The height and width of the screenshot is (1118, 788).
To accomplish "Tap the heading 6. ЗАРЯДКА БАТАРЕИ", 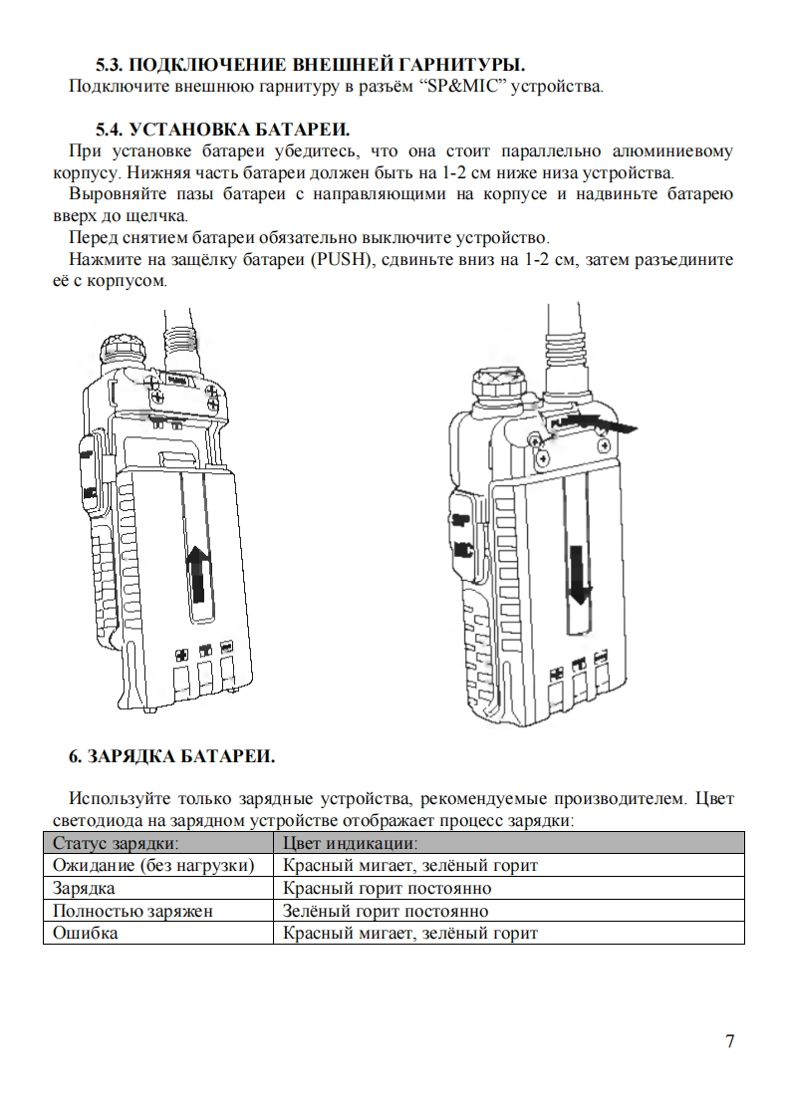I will (x=171, y=756).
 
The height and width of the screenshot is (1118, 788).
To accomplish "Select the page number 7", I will (x=730, y=1041).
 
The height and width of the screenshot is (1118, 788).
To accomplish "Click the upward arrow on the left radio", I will (x=199, y=573).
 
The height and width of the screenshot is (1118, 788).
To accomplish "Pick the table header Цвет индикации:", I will (x=338, y=843).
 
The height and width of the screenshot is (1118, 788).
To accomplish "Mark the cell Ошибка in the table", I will (x=85, y=934).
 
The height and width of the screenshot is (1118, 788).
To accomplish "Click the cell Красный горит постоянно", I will (x=388, y=888).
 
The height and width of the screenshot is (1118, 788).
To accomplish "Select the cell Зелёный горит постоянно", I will (x=386, y=911).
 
